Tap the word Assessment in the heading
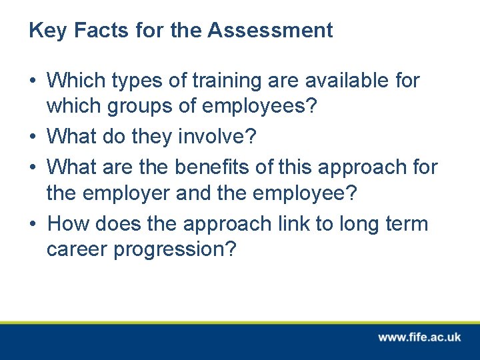click(270, 31)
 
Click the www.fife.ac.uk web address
click(419, 337)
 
